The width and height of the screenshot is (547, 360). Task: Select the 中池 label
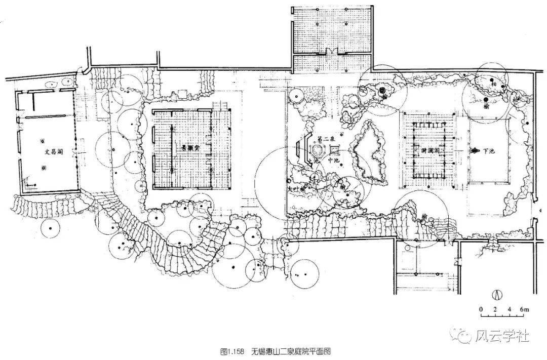333,161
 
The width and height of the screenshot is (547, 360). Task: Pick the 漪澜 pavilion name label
430,150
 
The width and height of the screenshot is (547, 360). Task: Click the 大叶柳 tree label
295,188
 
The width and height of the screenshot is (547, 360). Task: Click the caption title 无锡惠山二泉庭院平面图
290,351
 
